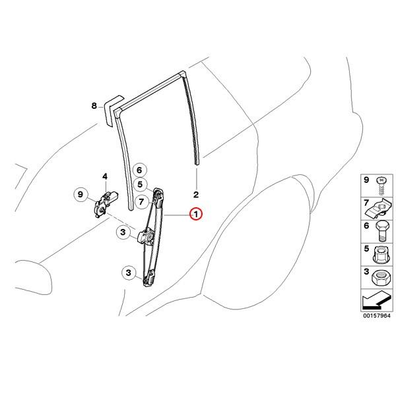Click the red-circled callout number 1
pyautogui.click(x=196, y=214)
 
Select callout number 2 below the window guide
pyautogui.click(x=196, y=195)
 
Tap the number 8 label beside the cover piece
pyautogui.click(x=94, y=106)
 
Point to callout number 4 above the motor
pyautogui.click(x=105, y=176)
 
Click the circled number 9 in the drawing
pyautogui.click(x=81, y=195)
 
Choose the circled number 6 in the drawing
pyautogui.click(x=140, y=170)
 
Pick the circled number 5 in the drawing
pyautogui.click(x=141, y=184)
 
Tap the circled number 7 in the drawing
pyautogui.click(x=141, y=201)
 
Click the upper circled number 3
pyautogui.click(x=123, y=232)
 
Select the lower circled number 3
pyautogui.click(x=129, y=273)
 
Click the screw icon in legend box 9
pyautogui.click(x=382, y=186)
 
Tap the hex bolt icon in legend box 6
pyautogui.click(x=382, y=231)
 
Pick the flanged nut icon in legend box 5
pyautogui.click(x=381, y=255)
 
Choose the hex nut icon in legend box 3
pyautogui.click(x=381, y=278)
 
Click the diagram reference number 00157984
pyautogui.click(x=377, y=315)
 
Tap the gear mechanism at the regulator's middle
pyautogui.click(x=147, y=237)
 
